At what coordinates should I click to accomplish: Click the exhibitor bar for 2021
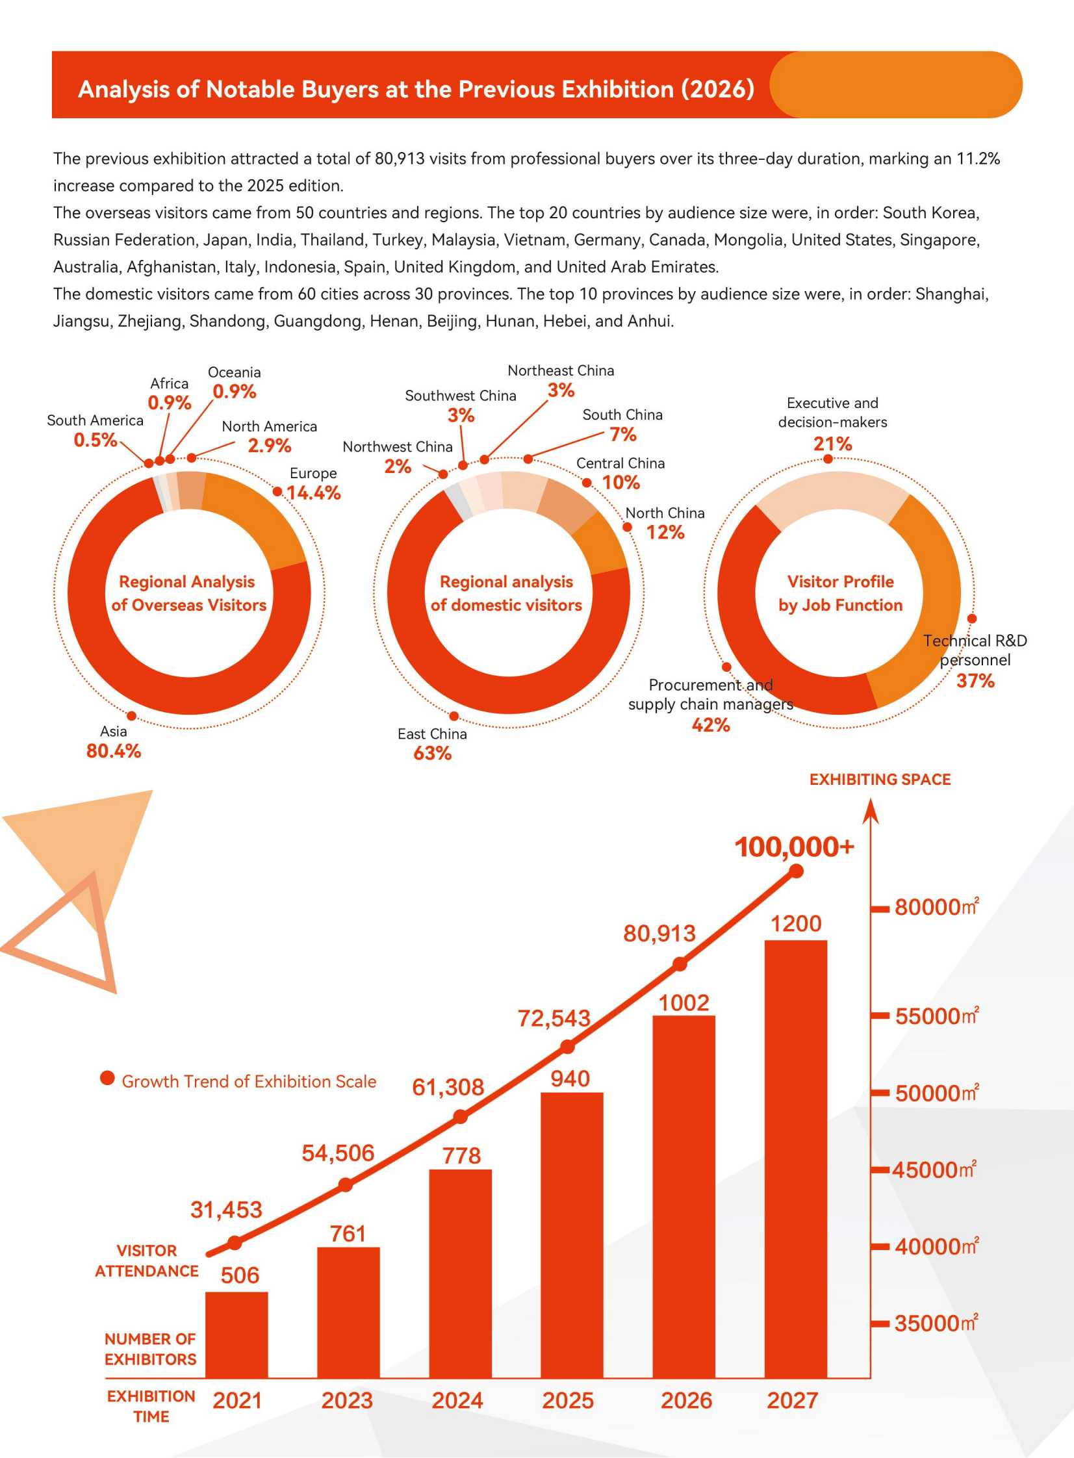coord(237,1335)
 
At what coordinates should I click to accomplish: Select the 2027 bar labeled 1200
coord(796,1158)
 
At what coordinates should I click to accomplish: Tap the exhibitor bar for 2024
coord(460,1273)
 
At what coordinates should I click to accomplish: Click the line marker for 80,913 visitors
coord(680,964)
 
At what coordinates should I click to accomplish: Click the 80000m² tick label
coord(937,907)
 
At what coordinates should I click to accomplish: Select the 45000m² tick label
coord(934,1170)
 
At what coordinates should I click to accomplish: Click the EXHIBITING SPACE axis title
coord(880,780)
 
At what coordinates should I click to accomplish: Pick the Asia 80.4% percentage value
coord(114,751)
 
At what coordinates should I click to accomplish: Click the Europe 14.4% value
coord(313,492)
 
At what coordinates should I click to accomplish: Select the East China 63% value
coord(432,754)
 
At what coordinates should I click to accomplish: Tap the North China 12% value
coord(665,532)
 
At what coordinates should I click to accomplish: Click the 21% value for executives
coord(832,444)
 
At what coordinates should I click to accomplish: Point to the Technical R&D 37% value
coord(975,680)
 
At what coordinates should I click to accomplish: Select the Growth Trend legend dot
coord(107,1079)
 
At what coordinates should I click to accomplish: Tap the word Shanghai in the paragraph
coord(952,294)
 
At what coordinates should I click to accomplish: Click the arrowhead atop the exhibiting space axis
coord(871,812)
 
